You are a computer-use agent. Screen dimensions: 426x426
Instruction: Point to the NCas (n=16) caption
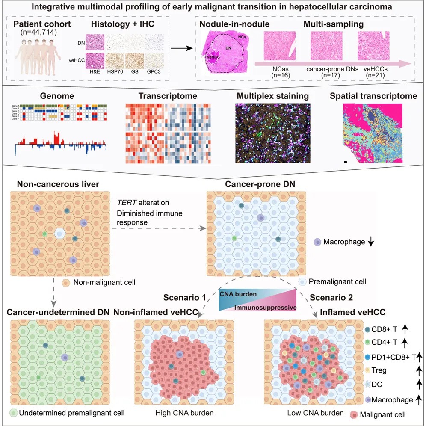pos(276,71)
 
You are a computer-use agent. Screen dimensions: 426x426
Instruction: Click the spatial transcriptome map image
pos(372,133)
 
